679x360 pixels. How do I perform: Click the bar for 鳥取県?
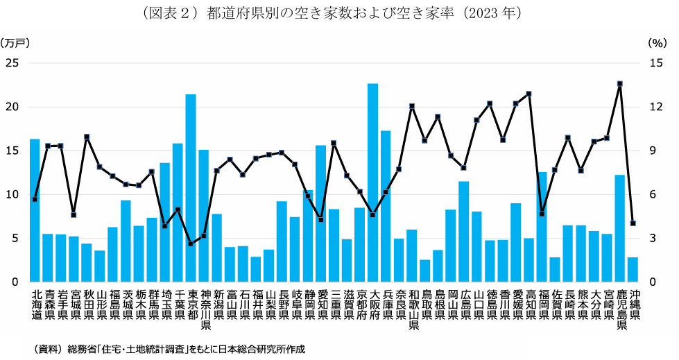click(x=424, y=271)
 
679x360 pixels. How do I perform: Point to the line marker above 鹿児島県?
click(x=619, y=84)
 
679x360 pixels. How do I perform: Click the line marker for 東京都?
click(x=191, y=244)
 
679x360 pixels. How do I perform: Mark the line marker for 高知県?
click(x=528, y=94)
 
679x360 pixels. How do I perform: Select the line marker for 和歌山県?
click(x=411, y=106)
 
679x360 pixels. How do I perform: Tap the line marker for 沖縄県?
click(x=633, y=223)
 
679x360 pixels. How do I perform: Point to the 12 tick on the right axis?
click(x=657, y=107)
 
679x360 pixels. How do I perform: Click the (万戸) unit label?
click(x=16, y=42)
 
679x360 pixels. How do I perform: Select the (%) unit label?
click(x=657, y=42)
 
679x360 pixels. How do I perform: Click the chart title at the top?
click(x=339, y=13)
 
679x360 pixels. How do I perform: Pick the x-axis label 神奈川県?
click(x=204, y=309)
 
